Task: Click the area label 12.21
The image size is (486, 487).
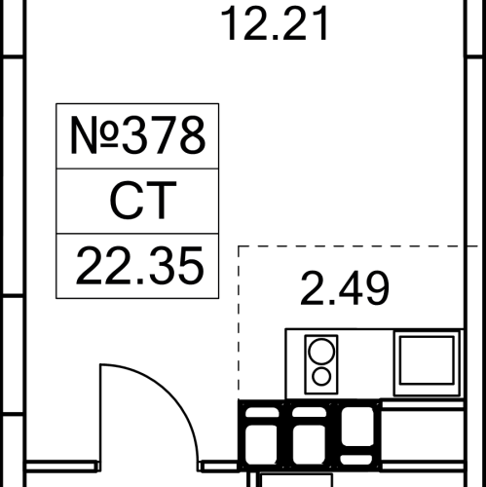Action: (275, 23)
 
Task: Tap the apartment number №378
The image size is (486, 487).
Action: (137, 135)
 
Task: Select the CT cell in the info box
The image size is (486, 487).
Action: (137, 201)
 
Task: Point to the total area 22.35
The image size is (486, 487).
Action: (139, 266)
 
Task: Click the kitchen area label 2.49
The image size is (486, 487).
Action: (345, 288)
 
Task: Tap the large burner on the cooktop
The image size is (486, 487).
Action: (321, 352)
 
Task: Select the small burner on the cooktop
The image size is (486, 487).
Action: (321, 377)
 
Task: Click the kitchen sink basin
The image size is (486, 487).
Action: (427, 360)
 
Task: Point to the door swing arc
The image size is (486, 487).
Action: (169, 390)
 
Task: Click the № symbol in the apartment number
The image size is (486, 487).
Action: (93, 135)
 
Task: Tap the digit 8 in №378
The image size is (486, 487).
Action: (193, 135)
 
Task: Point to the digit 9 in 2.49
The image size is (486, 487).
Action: (376, 288)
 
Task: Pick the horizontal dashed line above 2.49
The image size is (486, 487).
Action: (358, 246)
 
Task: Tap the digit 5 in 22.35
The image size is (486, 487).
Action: (191, 266)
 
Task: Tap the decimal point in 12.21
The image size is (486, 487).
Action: (276, 38)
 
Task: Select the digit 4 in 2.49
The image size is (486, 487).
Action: (349, 288)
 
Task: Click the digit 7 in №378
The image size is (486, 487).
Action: (165, 135)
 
